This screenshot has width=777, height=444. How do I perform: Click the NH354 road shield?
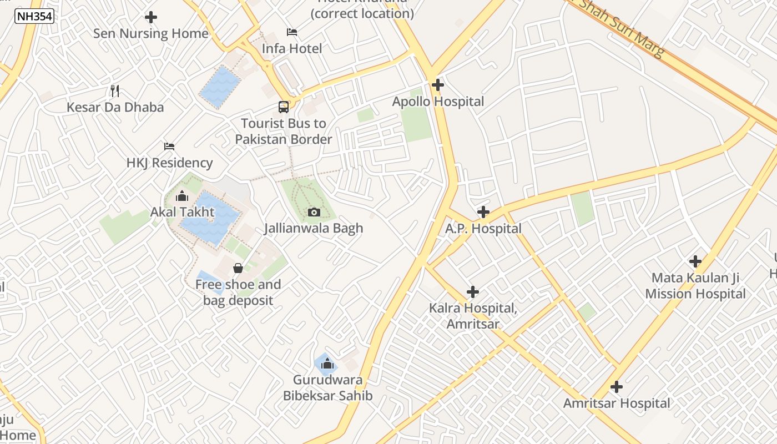pos(34,17)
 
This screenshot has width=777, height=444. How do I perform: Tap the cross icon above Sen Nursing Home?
pos(150,17)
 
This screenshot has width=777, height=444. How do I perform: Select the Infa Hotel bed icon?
pos(291,32)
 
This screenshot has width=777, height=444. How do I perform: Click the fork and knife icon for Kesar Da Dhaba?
pos(115,91)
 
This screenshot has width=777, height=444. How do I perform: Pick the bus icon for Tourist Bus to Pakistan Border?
pos(284,107)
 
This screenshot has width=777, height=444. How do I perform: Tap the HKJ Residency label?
pos(169,163)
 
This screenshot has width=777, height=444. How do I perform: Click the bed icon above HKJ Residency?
pos(169,147)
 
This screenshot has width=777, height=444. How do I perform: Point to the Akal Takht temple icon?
pos(181,196)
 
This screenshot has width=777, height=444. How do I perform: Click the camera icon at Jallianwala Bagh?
pos(314,212)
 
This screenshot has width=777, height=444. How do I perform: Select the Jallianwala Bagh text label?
pos(314,228)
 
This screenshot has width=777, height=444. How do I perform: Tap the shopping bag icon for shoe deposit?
pos(238,269)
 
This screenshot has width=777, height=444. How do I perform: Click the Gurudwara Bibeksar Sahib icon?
pos(327,364)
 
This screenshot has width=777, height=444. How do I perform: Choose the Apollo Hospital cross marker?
pos(438,85)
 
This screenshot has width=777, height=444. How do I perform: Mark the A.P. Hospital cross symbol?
pos(483,212)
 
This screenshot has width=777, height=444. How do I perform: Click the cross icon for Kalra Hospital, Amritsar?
pos(473,292)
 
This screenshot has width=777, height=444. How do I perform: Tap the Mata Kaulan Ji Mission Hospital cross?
pos(695,261)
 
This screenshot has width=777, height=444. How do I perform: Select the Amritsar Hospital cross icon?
pos(616,387)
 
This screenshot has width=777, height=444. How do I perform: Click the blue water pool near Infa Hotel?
pos(220,87)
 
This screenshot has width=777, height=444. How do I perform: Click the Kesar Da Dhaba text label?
pos(115,107)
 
